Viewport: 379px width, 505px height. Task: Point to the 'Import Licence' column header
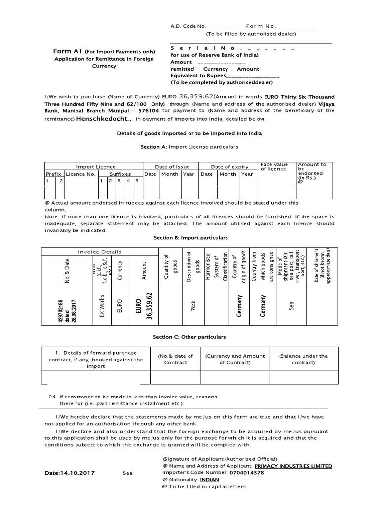[x=96, y=167]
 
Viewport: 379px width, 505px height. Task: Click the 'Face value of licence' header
[x=274, y=166]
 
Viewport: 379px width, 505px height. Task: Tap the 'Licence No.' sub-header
[x=80, y=174]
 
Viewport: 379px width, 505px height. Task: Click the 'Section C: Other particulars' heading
[x=189, y=337]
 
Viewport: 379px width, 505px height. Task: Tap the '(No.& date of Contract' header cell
[x=175, y=359]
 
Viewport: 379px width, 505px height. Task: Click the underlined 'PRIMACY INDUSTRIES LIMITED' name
[x=293, y=466]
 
